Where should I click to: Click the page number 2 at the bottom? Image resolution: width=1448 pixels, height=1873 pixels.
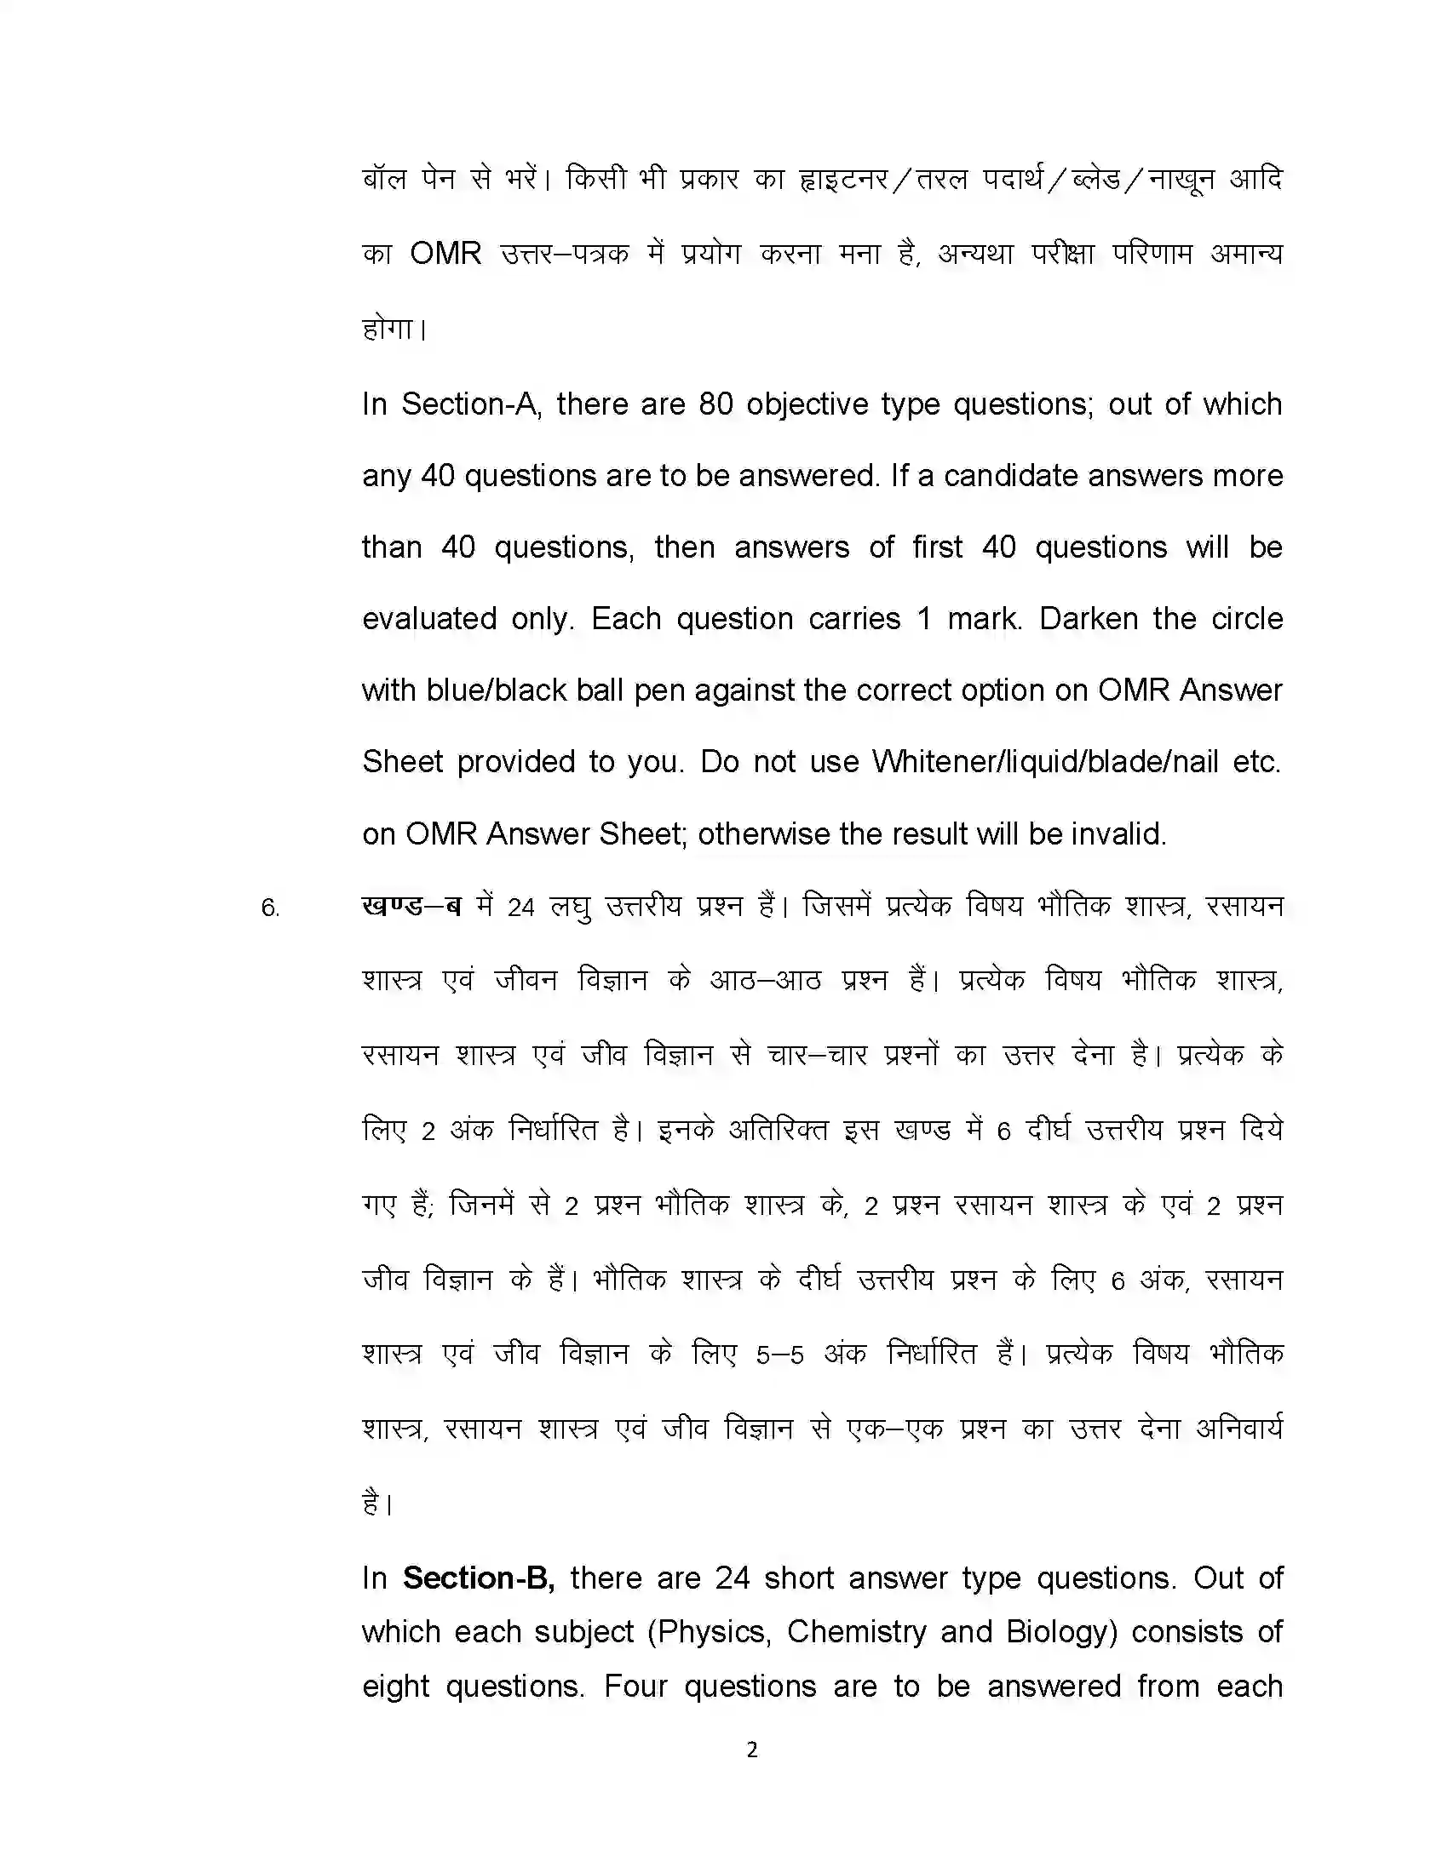click(x=752, y=1750)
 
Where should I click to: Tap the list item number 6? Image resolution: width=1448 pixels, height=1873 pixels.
click(x=270, y=908)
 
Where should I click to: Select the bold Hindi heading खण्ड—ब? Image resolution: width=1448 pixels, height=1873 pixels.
click(x=411, y=907)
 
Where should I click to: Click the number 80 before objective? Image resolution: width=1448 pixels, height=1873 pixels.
click(x=715, y=404)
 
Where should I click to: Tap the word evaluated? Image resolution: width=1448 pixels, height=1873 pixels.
click(x=429, y=618)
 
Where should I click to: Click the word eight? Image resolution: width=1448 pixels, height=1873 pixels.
click(x=395, y=1686)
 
